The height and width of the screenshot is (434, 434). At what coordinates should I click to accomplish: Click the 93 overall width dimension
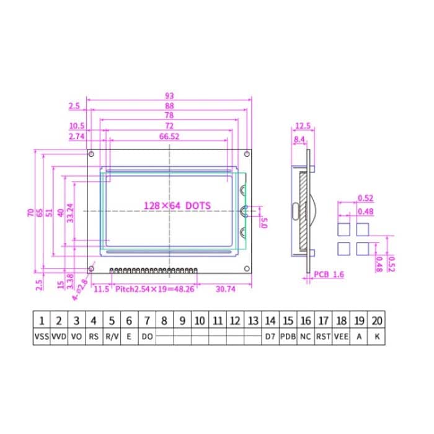click(x=169, y=95)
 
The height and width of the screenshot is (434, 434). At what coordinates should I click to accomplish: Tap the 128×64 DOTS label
click(x=177, y=205)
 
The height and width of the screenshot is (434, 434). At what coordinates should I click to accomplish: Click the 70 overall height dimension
click(x=30, y=213)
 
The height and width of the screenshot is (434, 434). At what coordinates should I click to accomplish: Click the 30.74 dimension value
click(x=225, y=288)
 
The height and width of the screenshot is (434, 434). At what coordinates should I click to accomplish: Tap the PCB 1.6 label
click(x=328, y=274)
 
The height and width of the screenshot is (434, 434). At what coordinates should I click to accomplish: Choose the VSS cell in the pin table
click(x=41, y=337)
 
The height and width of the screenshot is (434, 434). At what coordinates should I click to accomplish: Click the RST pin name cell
click(x=323, y=337)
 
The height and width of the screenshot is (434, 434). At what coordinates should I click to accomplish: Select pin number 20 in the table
click(x=377, y=321)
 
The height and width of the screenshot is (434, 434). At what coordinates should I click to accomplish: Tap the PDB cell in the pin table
click(x=288, y=337)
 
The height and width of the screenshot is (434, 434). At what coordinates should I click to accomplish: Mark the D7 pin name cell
click(x=270, y=337)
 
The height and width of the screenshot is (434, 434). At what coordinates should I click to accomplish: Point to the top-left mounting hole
click(x=92, y=154)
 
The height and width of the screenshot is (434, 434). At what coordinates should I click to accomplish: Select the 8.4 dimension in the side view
click(x=299, y=139)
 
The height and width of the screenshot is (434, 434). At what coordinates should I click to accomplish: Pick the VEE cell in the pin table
click(x=341, y=337)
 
